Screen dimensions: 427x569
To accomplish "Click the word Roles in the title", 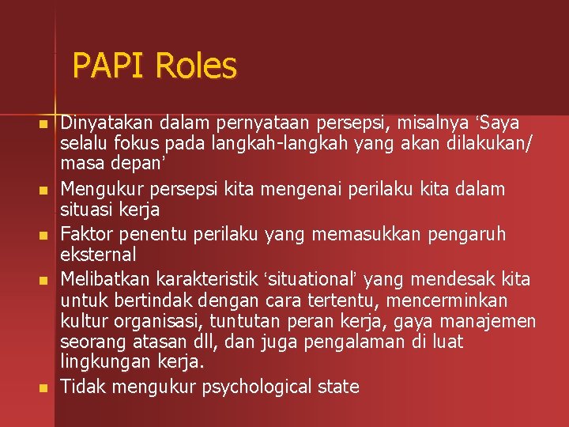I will click(196, 66).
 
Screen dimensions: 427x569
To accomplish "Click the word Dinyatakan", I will click(107, 123).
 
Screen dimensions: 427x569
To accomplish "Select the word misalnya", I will click(437, 123).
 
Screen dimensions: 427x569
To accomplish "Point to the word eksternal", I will click(99, 255).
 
